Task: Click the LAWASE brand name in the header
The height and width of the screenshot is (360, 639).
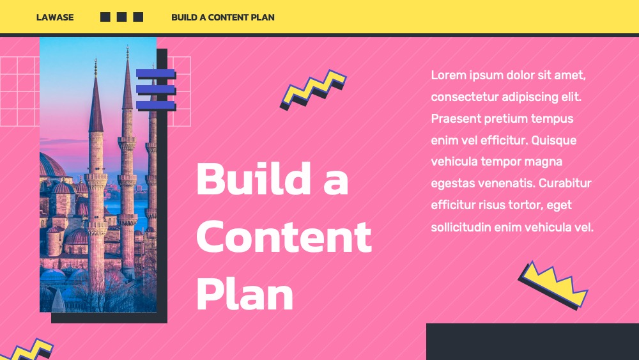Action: click(x=55, y=17)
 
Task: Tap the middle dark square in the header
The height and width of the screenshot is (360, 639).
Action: click(x=121, y=17)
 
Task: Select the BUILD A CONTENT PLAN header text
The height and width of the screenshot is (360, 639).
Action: click(x=223, y=17)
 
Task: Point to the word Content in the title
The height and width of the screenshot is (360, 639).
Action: click(x=284, y=236)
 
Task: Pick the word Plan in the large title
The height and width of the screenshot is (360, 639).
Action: click(x=245, y=293)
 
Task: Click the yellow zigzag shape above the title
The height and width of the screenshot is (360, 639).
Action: click(x=313, y=90)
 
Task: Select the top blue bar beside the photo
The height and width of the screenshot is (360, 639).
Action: click(x=155, y=74)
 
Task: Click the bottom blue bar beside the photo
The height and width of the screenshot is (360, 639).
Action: click(x=155, y=106)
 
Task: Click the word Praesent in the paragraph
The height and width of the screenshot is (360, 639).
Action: click(x=456, y=119)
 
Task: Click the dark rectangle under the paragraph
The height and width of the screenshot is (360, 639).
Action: click(x=533, y=341)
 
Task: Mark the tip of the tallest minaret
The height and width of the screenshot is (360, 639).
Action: click(x=128, y=47)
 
